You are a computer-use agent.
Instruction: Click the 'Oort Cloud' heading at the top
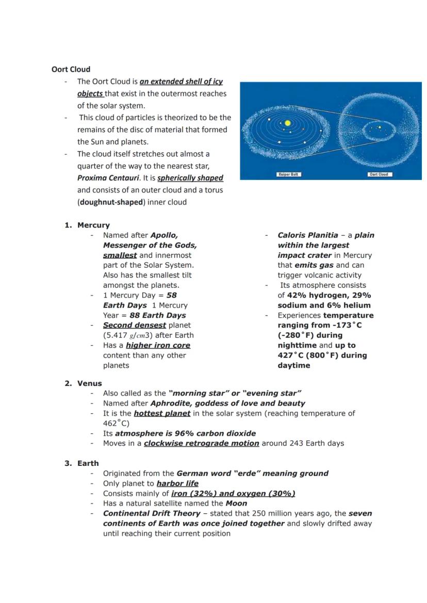pyautogui.click(x=71, y=69)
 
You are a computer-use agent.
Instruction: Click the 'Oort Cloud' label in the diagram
pyautogui.click(x=380, y=174)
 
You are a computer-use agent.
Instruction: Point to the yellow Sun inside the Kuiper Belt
pyautogui.click(x=288, y=123)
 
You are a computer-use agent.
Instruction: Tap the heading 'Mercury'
pyautogui.click(x=93, y=225)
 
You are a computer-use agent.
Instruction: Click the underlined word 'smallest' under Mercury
pyautogui.click(x=120, y=255)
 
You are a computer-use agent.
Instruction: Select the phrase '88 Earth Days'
pyautogui.click(x=158, y=315)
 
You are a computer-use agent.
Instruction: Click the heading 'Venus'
pyautogui.click(x=90, y=383)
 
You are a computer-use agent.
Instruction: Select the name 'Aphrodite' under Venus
pyautogui.click(x=170, y=403)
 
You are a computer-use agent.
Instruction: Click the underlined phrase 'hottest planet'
pyautogui.click(x=162, y=413)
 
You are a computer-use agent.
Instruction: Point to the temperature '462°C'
pyautogui.click(x=116, y=423)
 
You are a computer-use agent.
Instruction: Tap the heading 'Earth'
pyautogui.click(x=88, y=463)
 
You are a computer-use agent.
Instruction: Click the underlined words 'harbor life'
pyautogui.click(x=177, y=483)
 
